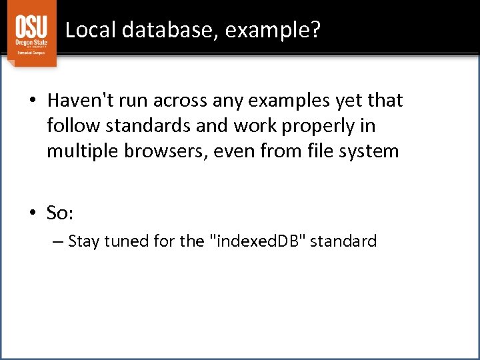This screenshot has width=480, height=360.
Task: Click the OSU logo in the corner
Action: point(31,33)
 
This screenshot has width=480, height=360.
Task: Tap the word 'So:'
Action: point(60,213)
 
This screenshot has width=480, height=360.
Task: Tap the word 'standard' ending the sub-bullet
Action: point(345,241)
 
